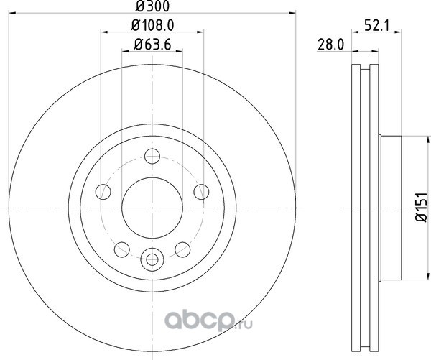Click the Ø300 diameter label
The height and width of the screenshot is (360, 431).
click(x=153, y=6)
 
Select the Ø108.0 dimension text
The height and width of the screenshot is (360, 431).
click(x=152, y=26)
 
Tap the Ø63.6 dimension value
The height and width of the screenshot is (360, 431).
click(x=152, y=45)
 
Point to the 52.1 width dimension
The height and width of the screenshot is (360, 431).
click(x=376, y=26)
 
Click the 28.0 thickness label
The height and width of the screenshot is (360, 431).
click(x=331, y=45)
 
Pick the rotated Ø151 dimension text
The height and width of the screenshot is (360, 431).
click(x=421, y=208)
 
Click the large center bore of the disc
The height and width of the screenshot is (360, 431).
click(x=152, y=208)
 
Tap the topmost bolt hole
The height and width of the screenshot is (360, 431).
click(x=152, y=156)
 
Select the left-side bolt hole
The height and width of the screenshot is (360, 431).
click(x=103, y=192)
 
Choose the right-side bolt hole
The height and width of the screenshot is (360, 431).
click(x=201, y=192)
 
